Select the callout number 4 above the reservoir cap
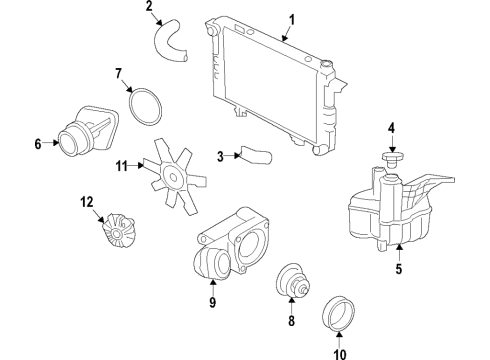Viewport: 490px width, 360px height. tap(392, 127)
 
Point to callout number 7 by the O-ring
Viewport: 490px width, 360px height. tap(117, 73)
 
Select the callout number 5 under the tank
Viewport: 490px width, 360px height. tap(397, 267)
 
